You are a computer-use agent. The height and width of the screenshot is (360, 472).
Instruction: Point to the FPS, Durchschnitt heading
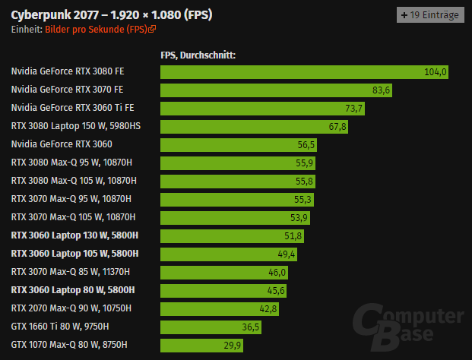pos(198,55)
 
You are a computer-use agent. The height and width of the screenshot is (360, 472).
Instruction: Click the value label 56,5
pos(306,145)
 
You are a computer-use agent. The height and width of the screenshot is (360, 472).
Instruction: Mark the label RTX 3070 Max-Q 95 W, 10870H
pos(71,199)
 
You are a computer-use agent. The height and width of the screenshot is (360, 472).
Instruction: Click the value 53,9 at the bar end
pos(299,218)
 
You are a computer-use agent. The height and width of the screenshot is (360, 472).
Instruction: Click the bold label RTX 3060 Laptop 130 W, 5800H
pos(75,235)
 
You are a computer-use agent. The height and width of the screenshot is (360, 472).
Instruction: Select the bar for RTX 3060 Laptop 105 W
pos(229,254)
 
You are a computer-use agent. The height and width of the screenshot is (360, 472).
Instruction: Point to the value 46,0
pos(277,272)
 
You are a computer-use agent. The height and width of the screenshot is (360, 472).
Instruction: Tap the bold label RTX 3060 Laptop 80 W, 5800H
pos(73,290)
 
